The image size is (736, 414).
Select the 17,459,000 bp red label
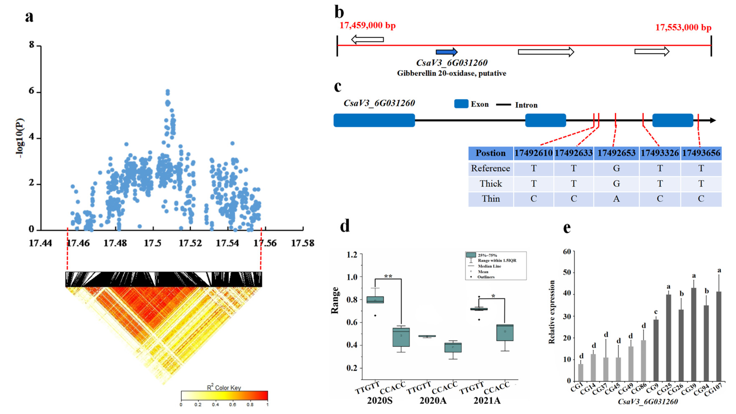[x=367, y=25]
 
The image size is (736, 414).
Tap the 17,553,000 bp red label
[x=683, y=28]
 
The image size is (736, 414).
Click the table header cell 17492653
[x=616, y=153]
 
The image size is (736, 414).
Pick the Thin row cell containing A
[x=616, y=199]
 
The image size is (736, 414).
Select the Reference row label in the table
[x=490, y=168]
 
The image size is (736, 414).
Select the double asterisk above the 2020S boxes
[x=388, y=276]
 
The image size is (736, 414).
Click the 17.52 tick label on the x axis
[x=190, y=243]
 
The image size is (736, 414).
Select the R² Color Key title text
[x=224, y=388]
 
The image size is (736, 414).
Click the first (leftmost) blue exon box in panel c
[x=374, y=120]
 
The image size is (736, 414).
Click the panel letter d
[x=345, y=226]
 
